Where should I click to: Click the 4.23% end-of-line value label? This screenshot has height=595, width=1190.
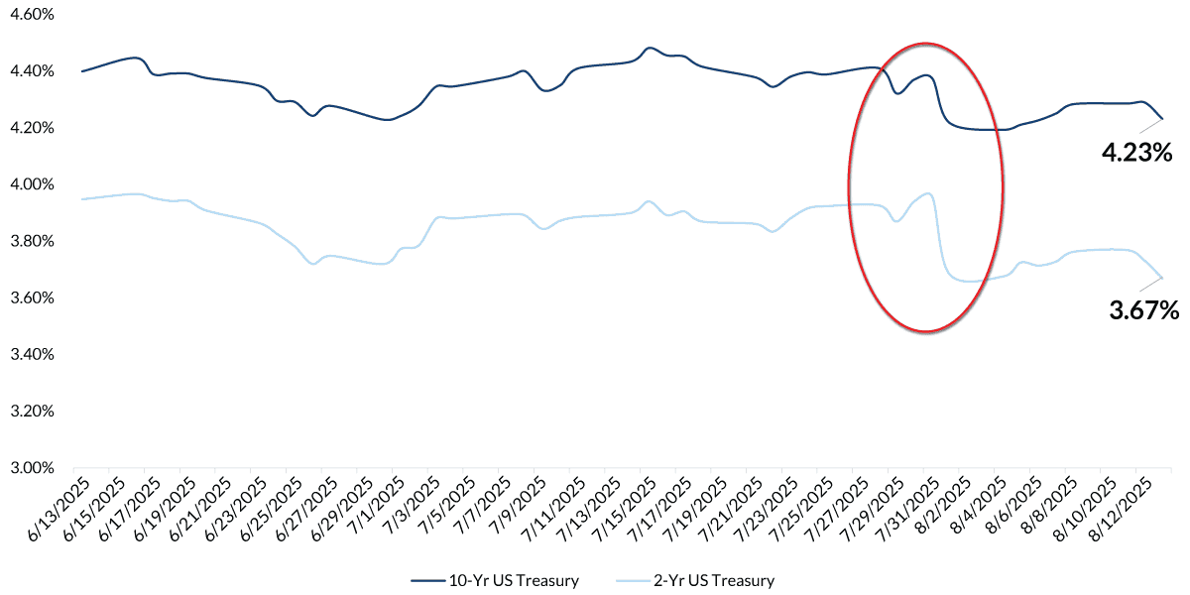pyautogui.click(x=1137, y=153)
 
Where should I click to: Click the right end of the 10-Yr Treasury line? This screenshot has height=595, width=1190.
pyautogui.click(x=1162, y=119)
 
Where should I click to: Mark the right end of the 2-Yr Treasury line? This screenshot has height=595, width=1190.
pyautogui.click(x=1162, y=278)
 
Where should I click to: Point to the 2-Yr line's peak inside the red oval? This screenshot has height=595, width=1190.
pyautogui.click(x=928, y=193)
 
